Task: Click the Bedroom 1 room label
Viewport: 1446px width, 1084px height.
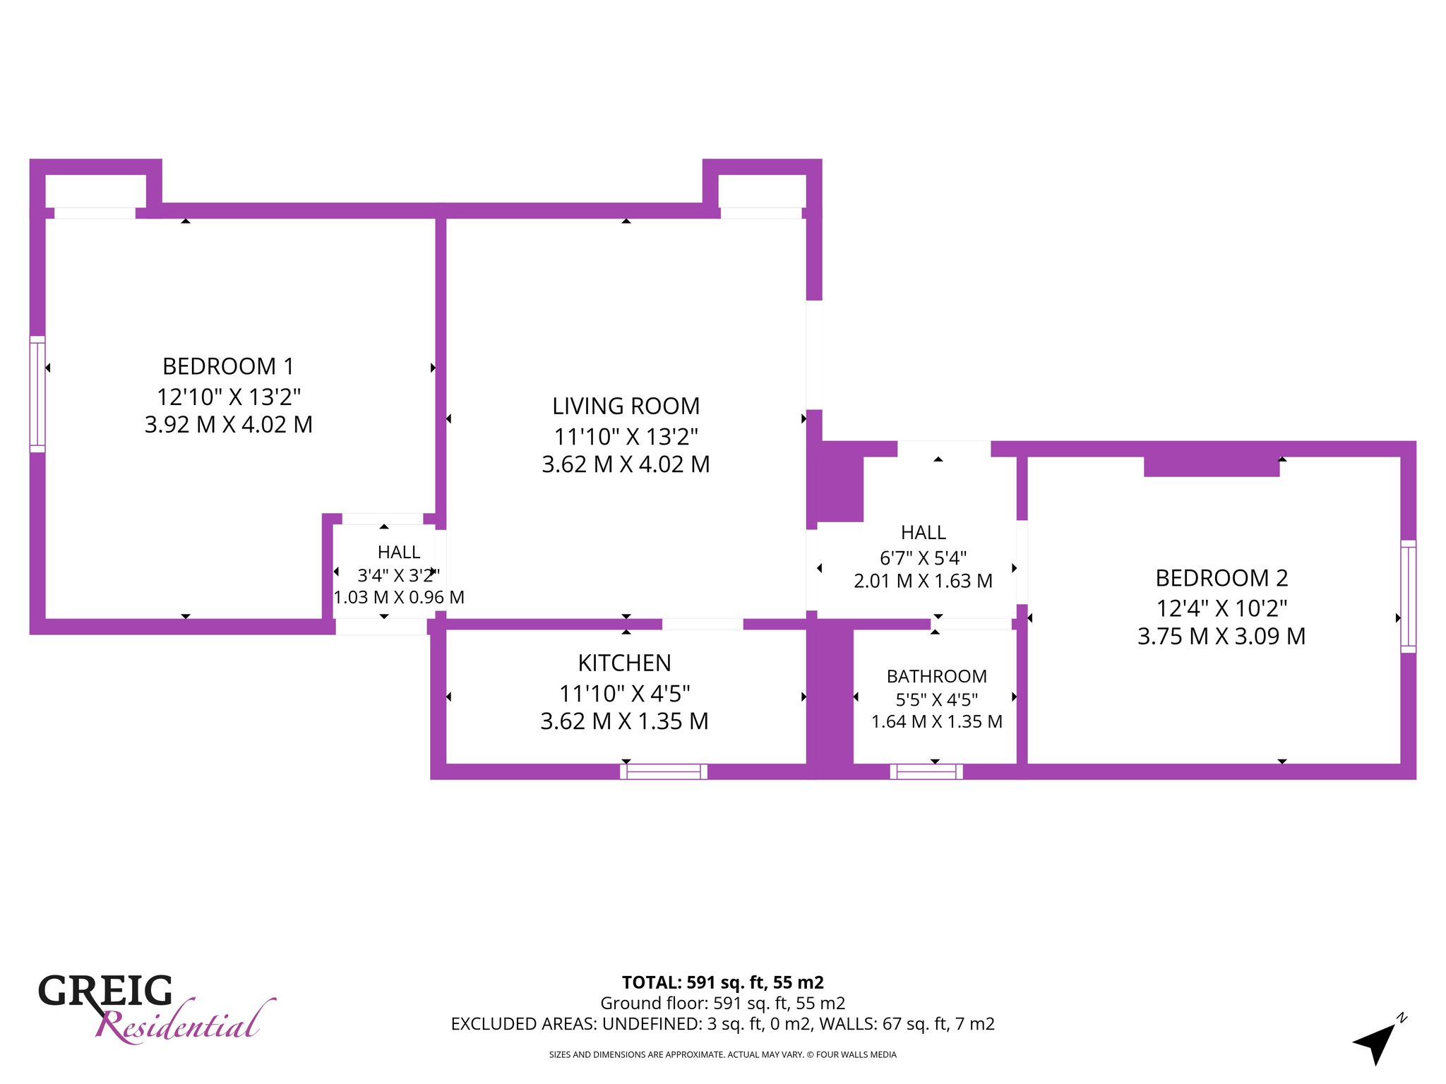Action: coord(228,366)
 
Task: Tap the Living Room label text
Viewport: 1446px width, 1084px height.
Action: coord(626,406)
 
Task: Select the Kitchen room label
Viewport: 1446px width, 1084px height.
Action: coord(624,663)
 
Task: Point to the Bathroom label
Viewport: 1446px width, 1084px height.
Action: coord(936,676)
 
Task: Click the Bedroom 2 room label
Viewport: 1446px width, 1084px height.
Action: coord(1221,578)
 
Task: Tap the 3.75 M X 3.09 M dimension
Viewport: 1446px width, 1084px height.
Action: coord(1221,636)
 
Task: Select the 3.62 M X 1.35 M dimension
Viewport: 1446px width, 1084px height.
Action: coord(624,721)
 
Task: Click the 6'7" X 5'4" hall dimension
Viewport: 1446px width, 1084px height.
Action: coord(923,558)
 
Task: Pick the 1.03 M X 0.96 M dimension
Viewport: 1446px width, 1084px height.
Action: coord(399,597)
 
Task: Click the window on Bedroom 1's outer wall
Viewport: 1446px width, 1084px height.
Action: coord(37,394)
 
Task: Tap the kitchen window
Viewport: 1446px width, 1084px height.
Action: coord(664,771)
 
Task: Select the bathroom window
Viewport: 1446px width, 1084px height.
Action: coord(926,771)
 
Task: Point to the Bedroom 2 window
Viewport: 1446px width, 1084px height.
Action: coord(1408,596)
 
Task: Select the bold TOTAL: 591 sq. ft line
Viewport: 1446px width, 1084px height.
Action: coord(722,982)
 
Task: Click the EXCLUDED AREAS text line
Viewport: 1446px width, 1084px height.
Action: coord(722,1023)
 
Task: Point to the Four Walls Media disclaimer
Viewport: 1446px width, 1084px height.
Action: coord(722,1054)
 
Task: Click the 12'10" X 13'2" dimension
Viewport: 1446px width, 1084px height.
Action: coord(228,397)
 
